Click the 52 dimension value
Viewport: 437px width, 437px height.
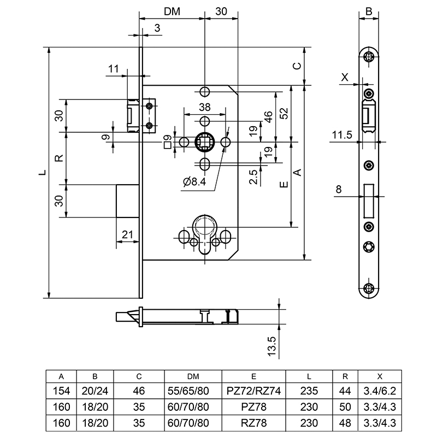point(284,114)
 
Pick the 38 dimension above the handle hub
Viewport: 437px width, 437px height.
point(204,107)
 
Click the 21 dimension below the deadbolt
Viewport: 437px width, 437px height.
point(127,235)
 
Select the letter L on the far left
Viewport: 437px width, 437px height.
point(42,173)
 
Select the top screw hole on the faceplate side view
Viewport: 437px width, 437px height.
point(370,56)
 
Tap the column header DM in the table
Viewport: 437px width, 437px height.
point(193,376)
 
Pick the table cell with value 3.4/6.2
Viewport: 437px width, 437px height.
point(379,392)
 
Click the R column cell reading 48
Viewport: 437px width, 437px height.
point(345,422)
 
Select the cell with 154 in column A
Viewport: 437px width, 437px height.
point(61,392)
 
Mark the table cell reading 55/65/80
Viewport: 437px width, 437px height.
point(193,392)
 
